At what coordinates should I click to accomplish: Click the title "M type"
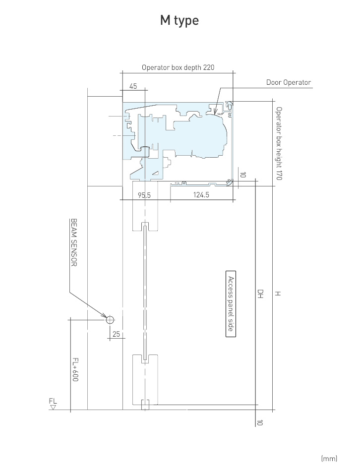pos(180,20)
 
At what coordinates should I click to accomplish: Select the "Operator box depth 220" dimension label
pos(178,67)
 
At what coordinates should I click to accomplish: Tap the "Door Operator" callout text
pos(289,82)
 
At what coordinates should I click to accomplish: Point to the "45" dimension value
pos(133,86)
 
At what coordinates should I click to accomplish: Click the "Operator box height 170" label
pos(279,143)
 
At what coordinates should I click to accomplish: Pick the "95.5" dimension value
pos(144,195)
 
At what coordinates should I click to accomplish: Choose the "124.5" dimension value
pos(201,195)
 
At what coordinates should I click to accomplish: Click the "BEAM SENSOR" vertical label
pos(74,242)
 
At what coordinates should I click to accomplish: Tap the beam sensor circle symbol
pos(110,319)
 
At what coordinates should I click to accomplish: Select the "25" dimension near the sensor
pos(116,334)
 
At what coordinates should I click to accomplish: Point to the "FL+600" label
pos(75,369)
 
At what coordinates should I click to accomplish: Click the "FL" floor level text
pos(53,401)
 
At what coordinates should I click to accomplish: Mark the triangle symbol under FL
pos(54,407)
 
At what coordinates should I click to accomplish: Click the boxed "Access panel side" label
pos(231,303)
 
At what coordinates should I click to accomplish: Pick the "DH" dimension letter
pos(260,294)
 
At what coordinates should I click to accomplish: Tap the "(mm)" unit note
pos(329,458)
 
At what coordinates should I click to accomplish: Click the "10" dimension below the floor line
pos(259,422)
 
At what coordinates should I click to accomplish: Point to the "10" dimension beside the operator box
pos(242,175)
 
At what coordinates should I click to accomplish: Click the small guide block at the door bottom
pos(145,405)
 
